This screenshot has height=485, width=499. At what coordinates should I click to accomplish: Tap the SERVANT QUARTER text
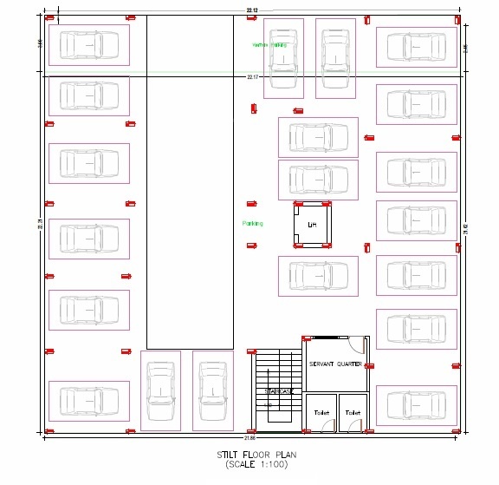click(x=335, y=364)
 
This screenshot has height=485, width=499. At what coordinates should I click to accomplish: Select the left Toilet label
click(x=322, y=413)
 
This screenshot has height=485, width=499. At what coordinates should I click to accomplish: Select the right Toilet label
click(x=353, y=413)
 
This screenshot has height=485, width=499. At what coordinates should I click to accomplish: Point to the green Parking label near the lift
click(x=252, y=223)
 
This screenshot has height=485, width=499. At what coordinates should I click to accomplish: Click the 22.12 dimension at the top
click(x=251, y=10)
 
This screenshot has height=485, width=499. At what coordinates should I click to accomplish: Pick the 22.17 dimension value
click(x=252, y=77)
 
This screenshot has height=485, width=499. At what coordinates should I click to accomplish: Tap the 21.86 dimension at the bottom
click(x=249, y=436)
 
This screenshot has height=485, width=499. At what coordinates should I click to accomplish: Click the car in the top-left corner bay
click(x=88, y=45)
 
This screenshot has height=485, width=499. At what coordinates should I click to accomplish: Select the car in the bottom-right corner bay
click(x=416, y=405)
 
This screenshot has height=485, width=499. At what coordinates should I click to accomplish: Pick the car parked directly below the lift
click(x=317, y=275)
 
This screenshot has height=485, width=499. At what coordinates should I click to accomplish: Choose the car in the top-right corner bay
click(x=416, y=47)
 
